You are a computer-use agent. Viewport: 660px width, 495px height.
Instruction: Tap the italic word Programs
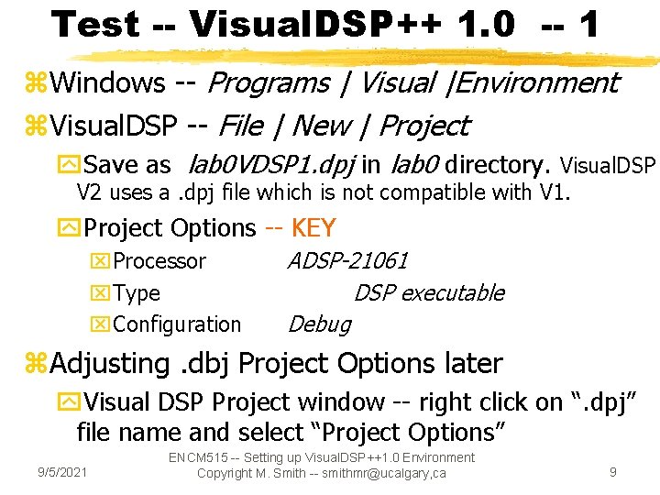click(269, 82)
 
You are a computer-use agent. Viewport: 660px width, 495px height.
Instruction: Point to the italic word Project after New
click(423, 125)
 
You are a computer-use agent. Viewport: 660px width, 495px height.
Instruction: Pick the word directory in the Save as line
click(496, 165)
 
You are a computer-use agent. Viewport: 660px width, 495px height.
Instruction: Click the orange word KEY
click(313, 227)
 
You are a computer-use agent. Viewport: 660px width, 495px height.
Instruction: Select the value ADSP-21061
click(347, 261)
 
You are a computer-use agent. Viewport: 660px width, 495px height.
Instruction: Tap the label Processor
click(159, 261)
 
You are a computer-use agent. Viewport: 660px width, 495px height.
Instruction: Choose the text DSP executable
click(429, 293)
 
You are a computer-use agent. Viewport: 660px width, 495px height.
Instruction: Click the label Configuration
click(177, 324)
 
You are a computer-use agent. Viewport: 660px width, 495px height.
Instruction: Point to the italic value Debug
click(319, 324)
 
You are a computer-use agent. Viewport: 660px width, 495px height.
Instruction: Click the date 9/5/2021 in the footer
click(62, 472)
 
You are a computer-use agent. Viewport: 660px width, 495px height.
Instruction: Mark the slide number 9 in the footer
click(613, 472)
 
